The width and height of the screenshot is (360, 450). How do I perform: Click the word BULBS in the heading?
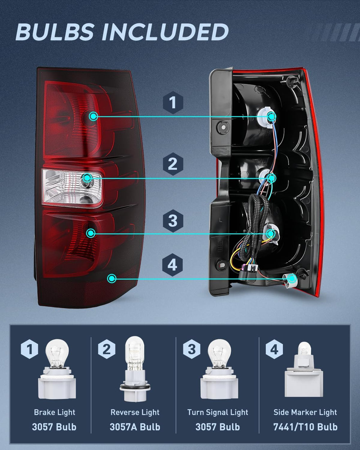pyautogui.click(x=55, y=32)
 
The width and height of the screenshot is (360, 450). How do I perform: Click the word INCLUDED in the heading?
pyautogui.click(x=165, y=32)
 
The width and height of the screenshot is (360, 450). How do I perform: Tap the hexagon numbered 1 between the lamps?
pyautogui.click(x=173, y=103)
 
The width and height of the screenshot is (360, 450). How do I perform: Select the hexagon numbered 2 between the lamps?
pyautogui.click(x=173, y=164)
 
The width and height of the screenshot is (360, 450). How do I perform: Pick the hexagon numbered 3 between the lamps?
pyautogui.click(x=173, y=221)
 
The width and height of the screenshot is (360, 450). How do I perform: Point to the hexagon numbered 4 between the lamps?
pyautogui.click(x=172, y=265)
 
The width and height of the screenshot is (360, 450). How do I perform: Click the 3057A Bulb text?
pyautogui.click(x=135, y=427)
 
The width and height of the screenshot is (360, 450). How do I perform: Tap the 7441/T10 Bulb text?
pyautogui.click(x=305, y=427)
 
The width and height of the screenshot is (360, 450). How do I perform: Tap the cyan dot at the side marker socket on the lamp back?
pyautogui.click(x=292, y=278)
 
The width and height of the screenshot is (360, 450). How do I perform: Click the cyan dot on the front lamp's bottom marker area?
pyautogui.click(x=112, y=279)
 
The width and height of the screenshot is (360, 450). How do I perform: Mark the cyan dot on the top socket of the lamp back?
pyautogui.click(x=271, y=116)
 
